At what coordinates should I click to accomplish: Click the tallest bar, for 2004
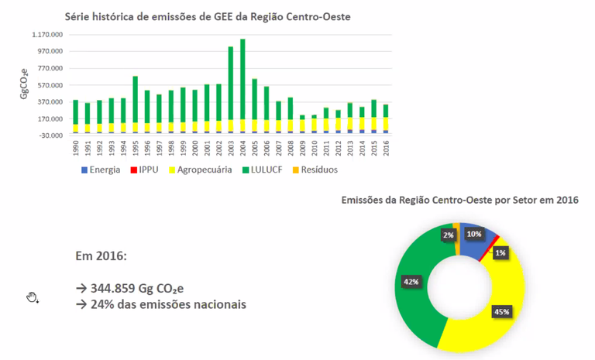242,85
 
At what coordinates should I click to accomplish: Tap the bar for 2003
231,89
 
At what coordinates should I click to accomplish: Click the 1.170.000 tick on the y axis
47,35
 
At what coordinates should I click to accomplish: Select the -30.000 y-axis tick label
51,136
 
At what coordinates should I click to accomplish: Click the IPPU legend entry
146,170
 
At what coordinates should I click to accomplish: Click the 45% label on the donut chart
501,312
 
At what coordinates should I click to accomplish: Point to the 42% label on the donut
411,282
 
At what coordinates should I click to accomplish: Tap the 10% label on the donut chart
474,234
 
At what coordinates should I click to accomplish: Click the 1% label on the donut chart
500,252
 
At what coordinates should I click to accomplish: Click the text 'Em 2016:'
101,255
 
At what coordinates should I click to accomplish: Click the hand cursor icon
33,297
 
